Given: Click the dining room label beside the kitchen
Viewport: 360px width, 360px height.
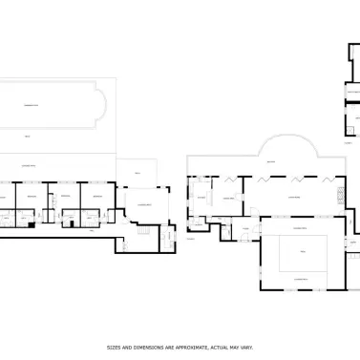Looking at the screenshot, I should click(229, 198).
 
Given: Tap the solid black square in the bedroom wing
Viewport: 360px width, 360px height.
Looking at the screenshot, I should click(32, 223).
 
